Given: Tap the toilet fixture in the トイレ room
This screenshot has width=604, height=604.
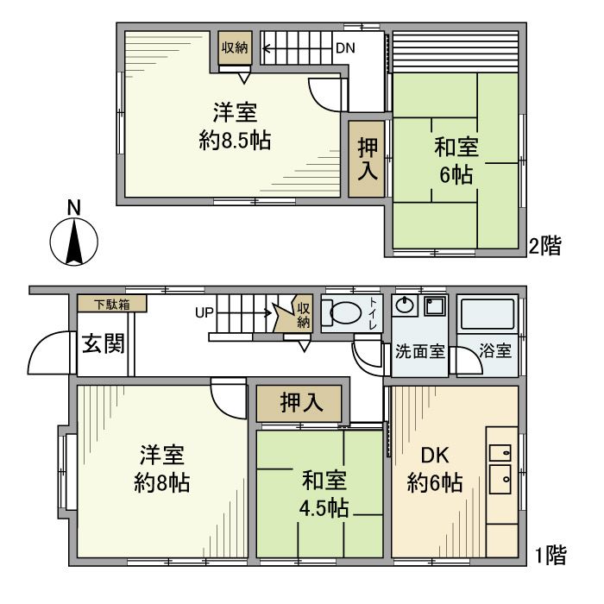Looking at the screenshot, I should click(x=344, y=313).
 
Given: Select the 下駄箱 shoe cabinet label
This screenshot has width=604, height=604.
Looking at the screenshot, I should click(x=110, y=304).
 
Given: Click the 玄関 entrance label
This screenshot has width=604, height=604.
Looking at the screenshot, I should click(x=102, y=344).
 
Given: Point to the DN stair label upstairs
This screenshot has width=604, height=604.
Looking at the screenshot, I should click(x=346, y=47).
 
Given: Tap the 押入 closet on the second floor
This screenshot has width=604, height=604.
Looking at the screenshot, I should click(x=368, y=159).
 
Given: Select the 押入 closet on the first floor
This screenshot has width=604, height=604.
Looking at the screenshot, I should click(x=299, y=402).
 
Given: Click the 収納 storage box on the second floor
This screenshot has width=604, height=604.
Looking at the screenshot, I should click(x=235, y=48).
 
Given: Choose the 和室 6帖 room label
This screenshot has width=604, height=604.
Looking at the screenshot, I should click(x=456, y=160).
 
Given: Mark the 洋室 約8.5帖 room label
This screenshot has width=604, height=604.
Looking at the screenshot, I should click(x=234, y=126).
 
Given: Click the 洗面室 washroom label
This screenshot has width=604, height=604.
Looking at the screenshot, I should click(x=419, y=352).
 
